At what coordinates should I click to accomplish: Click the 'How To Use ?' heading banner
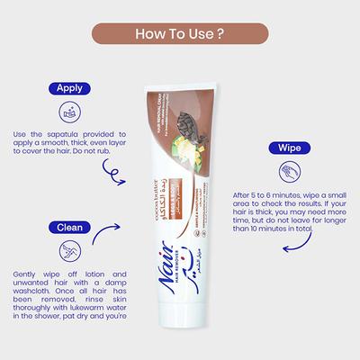coord(179,34)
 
